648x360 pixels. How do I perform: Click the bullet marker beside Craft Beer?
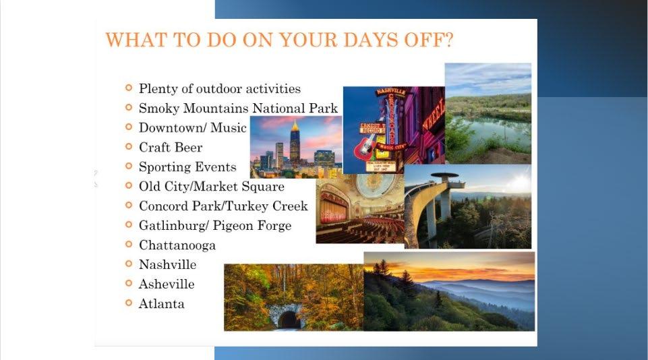(x=129, y=146)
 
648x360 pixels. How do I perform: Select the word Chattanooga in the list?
(x=177, y=245)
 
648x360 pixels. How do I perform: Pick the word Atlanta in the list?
(x=162, y=304)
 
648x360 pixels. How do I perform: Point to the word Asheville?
(x=167, y=284)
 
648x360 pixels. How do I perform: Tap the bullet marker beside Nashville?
(x=129, y=264)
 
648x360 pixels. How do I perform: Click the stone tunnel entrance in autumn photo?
(x=287, y=318)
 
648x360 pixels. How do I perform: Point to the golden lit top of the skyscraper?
(x=295, y=125)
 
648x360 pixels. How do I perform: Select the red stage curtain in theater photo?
(x=332, y=210)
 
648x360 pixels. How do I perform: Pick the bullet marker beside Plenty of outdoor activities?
(x=129, y=88)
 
